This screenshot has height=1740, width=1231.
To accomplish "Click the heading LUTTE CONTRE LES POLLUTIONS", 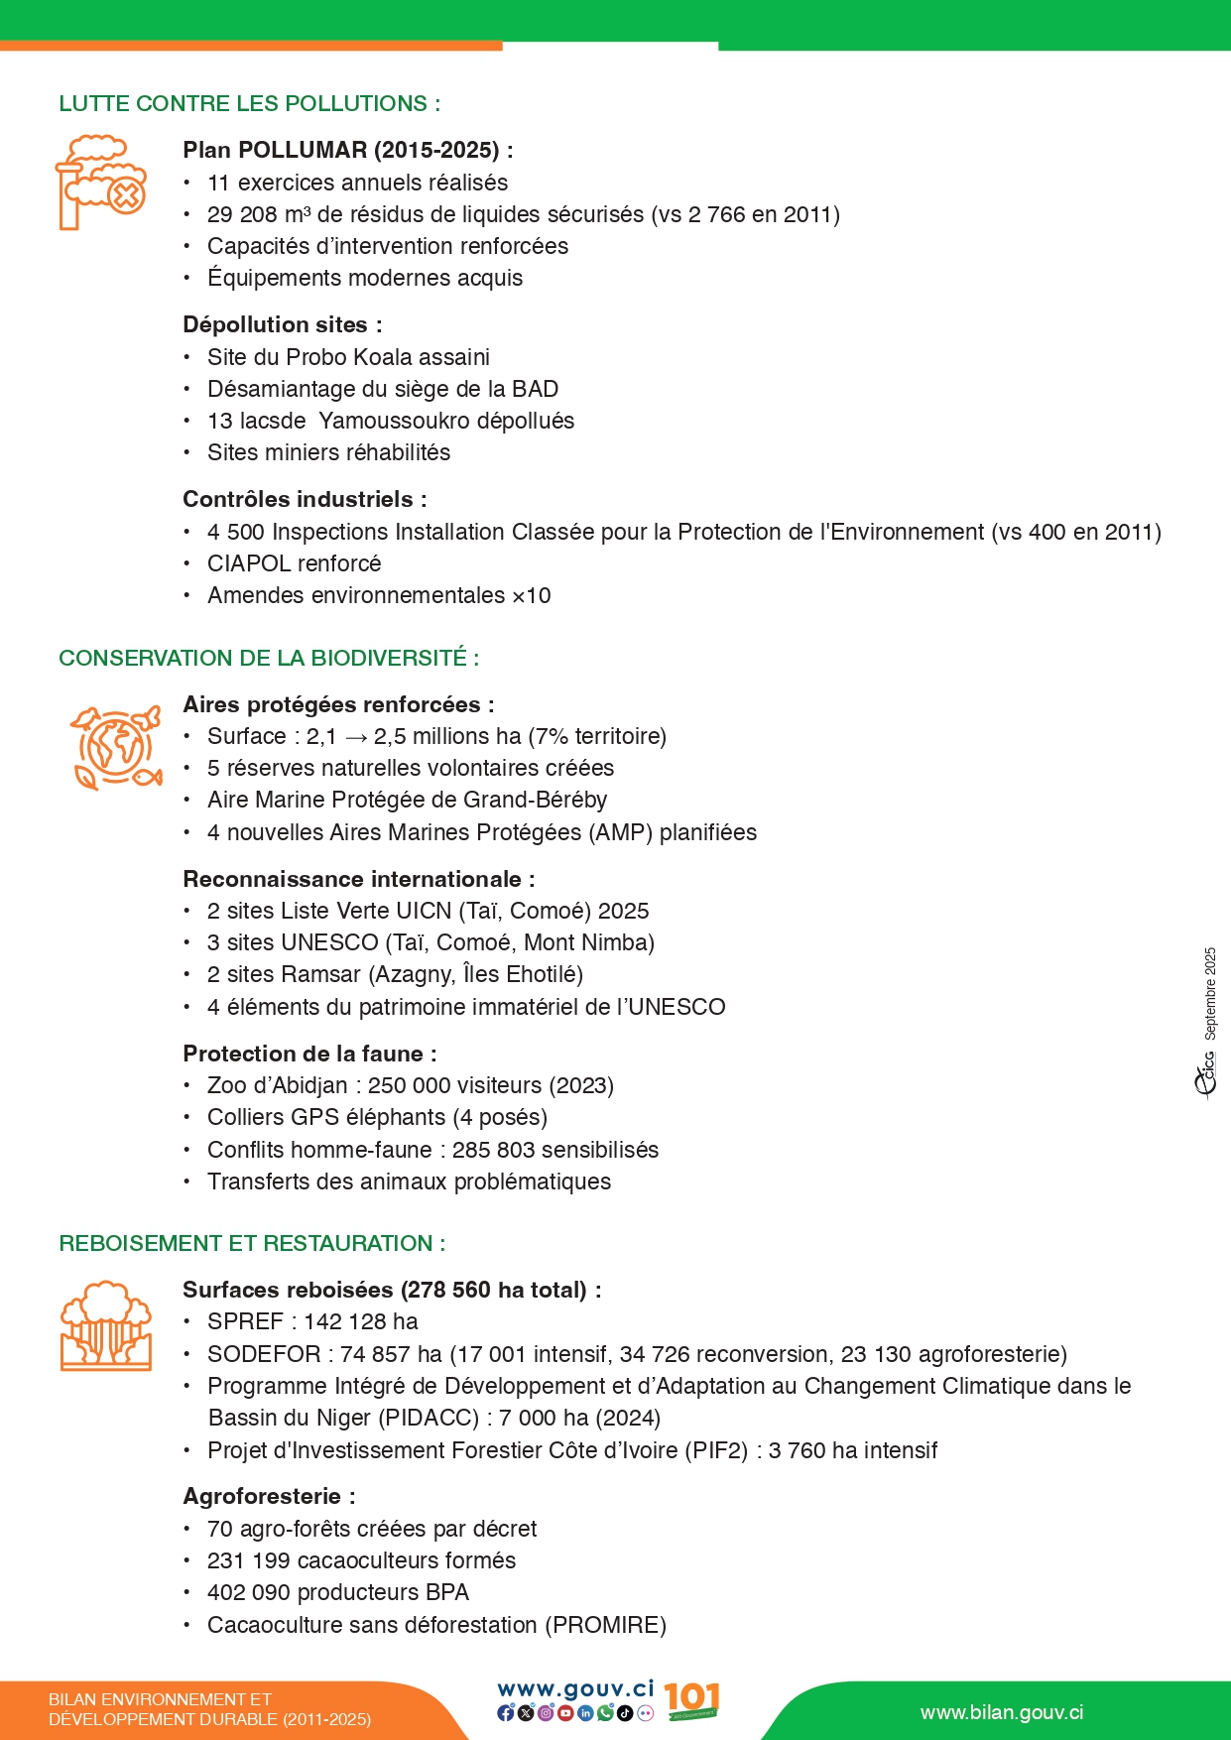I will pyautogui.click(x=249, y=103).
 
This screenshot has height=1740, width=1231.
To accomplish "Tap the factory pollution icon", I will pyautogui.click(x=100, y=184).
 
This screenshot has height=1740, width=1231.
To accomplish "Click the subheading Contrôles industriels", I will pyautogui.click(x=304, y=499).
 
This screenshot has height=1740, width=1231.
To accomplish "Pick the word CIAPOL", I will pyautogui.click(x=244, y=563).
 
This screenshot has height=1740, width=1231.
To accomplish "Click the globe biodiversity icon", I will pyautogui.click(x=115, y=747).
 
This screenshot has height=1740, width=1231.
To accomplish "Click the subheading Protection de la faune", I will pyautogui.click(x=308, y=1054).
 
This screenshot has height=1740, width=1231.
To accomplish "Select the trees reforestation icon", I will pyautogui.click(x=106, y=1326).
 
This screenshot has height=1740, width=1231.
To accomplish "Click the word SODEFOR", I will pyautogui.click(x=264, y=1354).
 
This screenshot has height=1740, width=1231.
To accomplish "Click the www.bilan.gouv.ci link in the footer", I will pyautogui.click(x=1001, y=1713).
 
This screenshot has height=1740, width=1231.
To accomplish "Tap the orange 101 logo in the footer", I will pyautogui.click(x=691, y=1700).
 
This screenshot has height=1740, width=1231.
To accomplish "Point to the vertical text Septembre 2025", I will pyautogui.click(x=1210, y=993).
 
